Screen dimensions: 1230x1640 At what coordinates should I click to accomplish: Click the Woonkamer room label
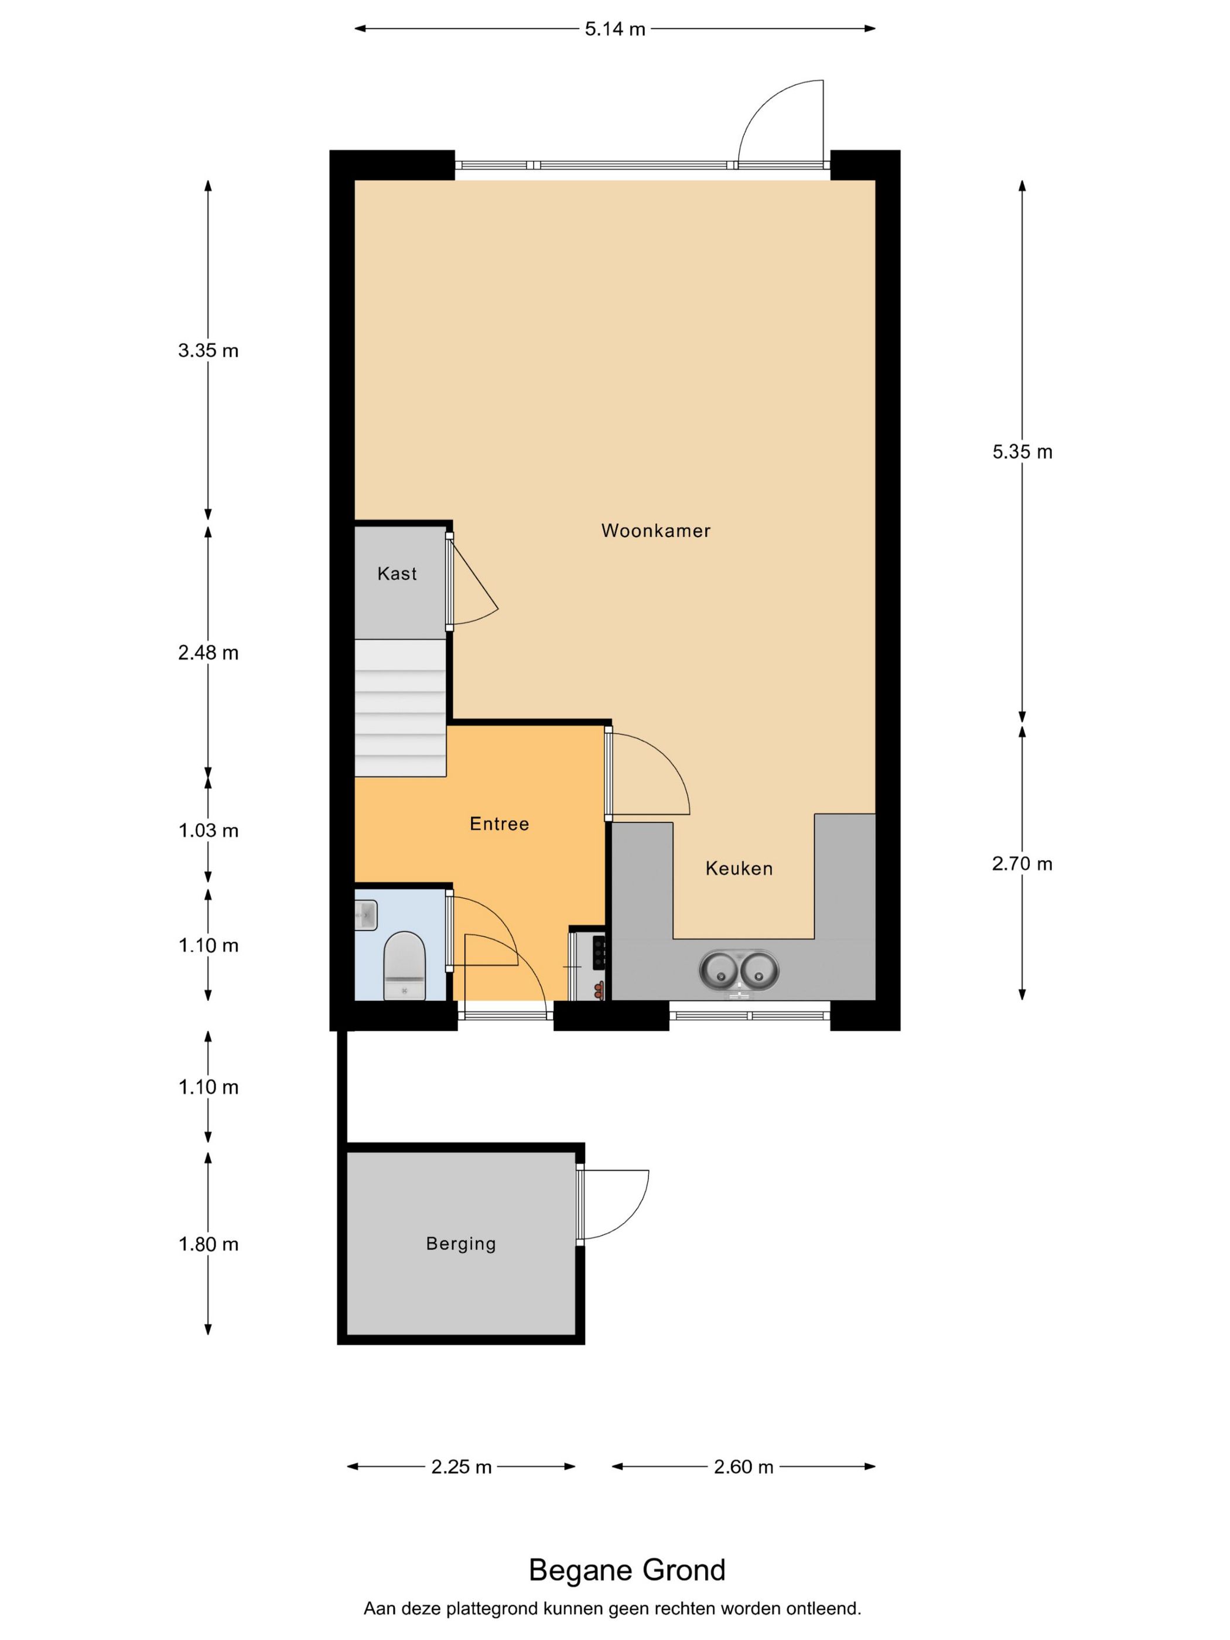[x=655, y=531]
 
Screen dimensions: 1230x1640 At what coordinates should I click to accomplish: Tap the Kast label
[x=397, y=573]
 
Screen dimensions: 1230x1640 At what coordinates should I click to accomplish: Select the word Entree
[x=499, y=824]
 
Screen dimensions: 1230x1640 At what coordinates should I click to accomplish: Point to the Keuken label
[x=739, y=868]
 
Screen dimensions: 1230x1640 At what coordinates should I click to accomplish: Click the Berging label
[x=460, y=1243]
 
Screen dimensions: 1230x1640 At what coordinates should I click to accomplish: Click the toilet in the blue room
[x=404, y=965]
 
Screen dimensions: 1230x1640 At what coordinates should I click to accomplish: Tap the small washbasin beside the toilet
[x=366, y=915]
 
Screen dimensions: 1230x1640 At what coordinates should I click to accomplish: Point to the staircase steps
[x=401, y=708]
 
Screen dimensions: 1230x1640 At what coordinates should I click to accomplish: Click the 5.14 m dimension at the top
[x=614, y=29]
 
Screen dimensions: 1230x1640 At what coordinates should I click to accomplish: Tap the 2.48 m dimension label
[x=209, y=652]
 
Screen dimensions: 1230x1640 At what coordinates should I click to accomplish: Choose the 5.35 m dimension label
[x=1023, y=452]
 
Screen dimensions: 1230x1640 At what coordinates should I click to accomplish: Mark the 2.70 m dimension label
[x=1023, y=864]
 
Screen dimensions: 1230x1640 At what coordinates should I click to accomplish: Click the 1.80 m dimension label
[x=209, y=1244]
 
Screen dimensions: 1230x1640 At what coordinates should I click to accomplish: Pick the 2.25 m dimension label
[x=461, y=1467]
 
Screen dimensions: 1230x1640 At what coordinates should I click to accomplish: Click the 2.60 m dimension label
[x=744, y=1467]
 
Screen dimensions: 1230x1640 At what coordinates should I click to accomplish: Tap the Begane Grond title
[x=627, y=1570]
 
